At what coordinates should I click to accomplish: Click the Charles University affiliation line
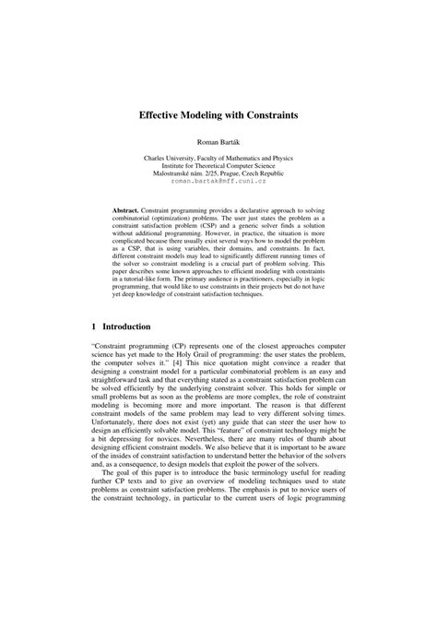tap(218, 158)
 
